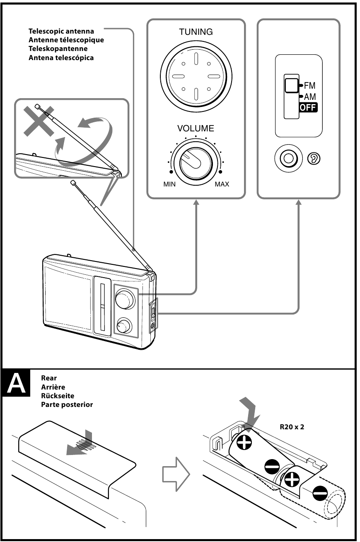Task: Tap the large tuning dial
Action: pos(195,77)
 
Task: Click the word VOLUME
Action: pos(196,128)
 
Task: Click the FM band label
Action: pos(309,86)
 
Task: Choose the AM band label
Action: pos(309,97)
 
